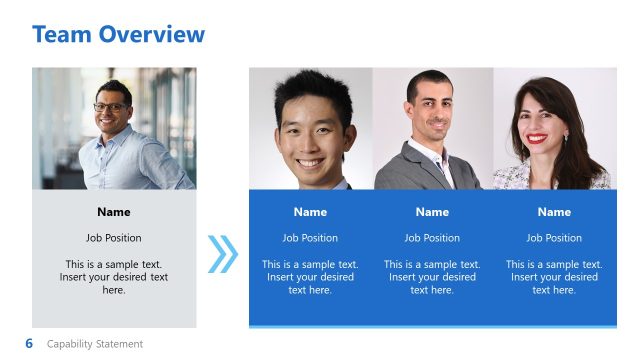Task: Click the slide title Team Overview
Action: pyautogui.click(x=118, y=35)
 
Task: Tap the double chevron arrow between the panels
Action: pyautogui.click(x=223, y=254)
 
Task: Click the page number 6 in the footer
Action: pyautogui.click(x=29, y=343)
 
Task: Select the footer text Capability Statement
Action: pyautogui.click(x=95, y=344)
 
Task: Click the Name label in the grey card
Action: pyautogui.click(x=114, y=212)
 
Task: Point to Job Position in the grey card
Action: pyautogui.click(x=114, y=238)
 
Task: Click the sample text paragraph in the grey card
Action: pyautogui.click(x=114, y=277)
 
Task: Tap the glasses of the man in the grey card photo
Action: pyautogui.click(x=111, y=107)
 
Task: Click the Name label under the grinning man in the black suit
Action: pyautogui.click(x=310, y=212)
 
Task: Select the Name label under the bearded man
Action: pyautogui.click(x=432, y=212)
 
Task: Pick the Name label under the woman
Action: pyautogui.click(x=554, y=212)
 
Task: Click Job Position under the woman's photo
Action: pyautogui.click(x=554, y=238)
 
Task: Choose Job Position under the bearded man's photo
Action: pyautogui.click(x=432, y=238)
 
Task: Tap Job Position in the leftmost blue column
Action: pyautogui.click(x=310, y=238)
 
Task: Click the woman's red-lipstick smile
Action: pyautogui.click(x=537, y=139)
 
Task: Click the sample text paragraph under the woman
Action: pyautogui.click(x=554, y=277)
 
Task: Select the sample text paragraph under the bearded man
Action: pyautogui.click(x=432, y=277)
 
